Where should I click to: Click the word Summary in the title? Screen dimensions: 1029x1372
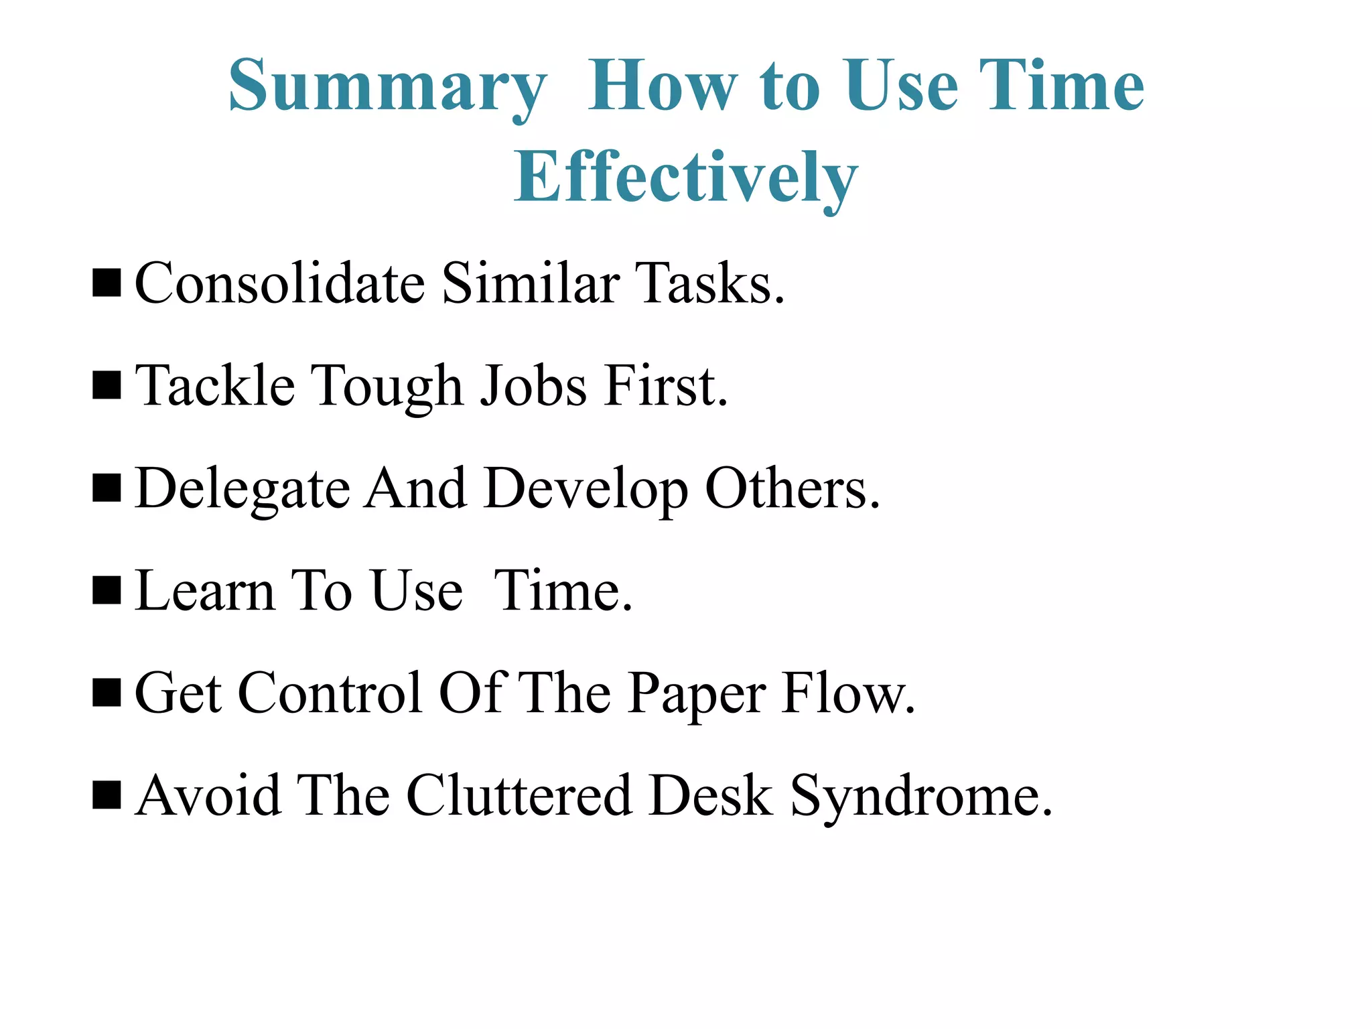click(387, 87)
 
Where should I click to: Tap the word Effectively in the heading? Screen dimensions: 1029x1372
click(685, 178)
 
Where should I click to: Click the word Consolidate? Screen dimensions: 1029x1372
click(279, 283)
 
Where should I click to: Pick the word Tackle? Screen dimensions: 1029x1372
click(215, 386)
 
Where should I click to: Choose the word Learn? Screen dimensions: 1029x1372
click(204, 592)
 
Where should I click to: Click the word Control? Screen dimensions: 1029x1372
click(330, 694)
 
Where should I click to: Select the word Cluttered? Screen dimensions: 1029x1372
click(519, 796)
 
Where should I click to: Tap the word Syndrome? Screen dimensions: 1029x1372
click(922, 797)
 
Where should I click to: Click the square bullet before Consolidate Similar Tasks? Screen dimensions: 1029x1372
click(107, 283)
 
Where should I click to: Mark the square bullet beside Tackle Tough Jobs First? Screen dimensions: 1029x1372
click(107, 386)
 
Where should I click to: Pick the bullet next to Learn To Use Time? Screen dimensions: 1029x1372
click(107, 591)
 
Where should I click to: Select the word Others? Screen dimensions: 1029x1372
click(792, 489)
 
